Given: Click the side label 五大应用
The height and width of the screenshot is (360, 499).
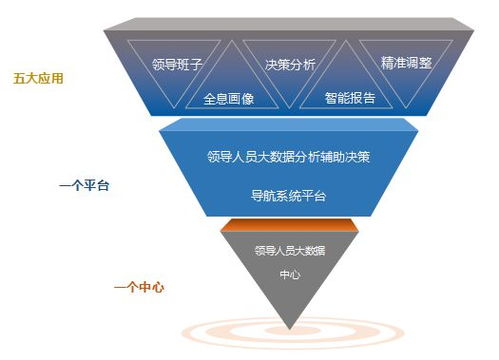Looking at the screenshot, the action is (38, 79).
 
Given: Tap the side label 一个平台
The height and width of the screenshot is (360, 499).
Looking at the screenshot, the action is (84, 185).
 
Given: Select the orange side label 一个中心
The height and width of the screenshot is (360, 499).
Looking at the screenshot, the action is (139, 287).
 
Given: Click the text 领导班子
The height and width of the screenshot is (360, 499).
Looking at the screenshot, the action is (177, 64).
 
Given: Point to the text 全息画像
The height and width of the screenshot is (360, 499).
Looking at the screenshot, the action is (229, 99).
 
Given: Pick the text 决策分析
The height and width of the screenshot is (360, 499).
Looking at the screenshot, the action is (290, 65).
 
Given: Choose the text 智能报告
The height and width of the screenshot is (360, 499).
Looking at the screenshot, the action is (350, 98).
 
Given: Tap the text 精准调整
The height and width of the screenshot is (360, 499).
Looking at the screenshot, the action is (406, 63).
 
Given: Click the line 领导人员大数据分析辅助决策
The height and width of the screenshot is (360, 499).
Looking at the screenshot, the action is (289, 157).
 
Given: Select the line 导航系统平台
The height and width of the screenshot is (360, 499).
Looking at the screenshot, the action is (288, 196).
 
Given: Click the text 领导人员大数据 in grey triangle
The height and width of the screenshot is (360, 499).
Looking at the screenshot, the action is (290, 251).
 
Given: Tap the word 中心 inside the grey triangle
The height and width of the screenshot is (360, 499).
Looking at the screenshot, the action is (290, 274).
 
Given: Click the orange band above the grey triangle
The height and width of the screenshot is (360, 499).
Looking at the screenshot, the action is (289, 225).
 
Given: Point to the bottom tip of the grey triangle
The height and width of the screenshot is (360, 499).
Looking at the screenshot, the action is (290, 329).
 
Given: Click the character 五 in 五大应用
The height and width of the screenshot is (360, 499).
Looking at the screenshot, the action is (19, 79).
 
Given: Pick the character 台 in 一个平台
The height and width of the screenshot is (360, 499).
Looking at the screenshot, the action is (103, 185).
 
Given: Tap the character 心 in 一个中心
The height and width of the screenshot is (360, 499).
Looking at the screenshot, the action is (158, 287).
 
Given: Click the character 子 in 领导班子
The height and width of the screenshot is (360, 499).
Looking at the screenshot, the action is (196, 64).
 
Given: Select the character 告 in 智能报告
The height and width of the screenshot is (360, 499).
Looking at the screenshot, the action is (369, 98).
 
